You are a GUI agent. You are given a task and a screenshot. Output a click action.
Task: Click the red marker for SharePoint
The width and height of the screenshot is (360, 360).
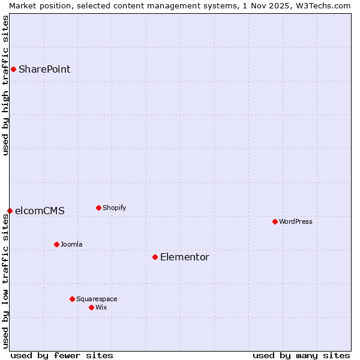point(13,69)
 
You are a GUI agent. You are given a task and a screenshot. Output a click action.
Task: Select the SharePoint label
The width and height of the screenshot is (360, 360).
point(44,69)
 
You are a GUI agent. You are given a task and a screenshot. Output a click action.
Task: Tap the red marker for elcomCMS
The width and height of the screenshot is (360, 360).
point(10,211)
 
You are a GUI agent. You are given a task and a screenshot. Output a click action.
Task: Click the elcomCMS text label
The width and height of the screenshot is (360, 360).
point(40,211)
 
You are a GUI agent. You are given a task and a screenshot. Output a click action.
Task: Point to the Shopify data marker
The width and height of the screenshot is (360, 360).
point(98,208)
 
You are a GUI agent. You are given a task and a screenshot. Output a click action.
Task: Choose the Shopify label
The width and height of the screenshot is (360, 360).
point(114,208)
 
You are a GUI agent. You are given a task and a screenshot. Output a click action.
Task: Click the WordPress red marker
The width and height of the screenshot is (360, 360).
point(275,221)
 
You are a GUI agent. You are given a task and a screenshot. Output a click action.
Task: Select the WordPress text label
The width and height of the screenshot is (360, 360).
point(295,221)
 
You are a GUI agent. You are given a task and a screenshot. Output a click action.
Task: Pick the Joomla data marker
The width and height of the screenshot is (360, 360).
point(56,244)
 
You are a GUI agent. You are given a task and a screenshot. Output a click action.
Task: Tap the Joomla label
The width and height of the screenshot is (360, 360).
point(71,244)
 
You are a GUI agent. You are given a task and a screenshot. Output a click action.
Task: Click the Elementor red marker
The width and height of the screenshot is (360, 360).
point(155,257)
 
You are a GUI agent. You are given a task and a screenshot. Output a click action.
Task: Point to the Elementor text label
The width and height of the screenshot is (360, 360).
point(184,257)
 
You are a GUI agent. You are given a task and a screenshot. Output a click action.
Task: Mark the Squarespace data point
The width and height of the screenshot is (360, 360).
point(72,299)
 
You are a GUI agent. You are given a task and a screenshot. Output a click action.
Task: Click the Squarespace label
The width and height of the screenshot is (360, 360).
point(97,299)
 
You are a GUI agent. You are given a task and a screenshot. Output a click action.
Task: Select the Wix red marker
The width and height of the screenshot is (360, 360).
point(91,307)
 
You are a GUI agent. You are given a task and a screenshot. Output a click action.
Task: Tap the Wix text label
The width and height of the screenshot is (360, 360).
point(101,307)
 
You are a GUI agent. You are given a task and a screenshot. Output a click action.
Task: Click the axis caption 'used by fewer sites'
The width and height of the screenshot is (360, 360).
point(62,355)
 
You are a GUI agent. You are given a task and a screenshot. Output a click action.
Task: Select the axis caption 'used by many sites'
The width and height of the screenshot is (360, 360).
point(301,355)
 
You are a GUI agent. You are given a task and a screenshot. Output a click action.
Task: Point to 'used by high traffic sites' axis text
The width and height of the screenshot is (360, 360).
point(5,85)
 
